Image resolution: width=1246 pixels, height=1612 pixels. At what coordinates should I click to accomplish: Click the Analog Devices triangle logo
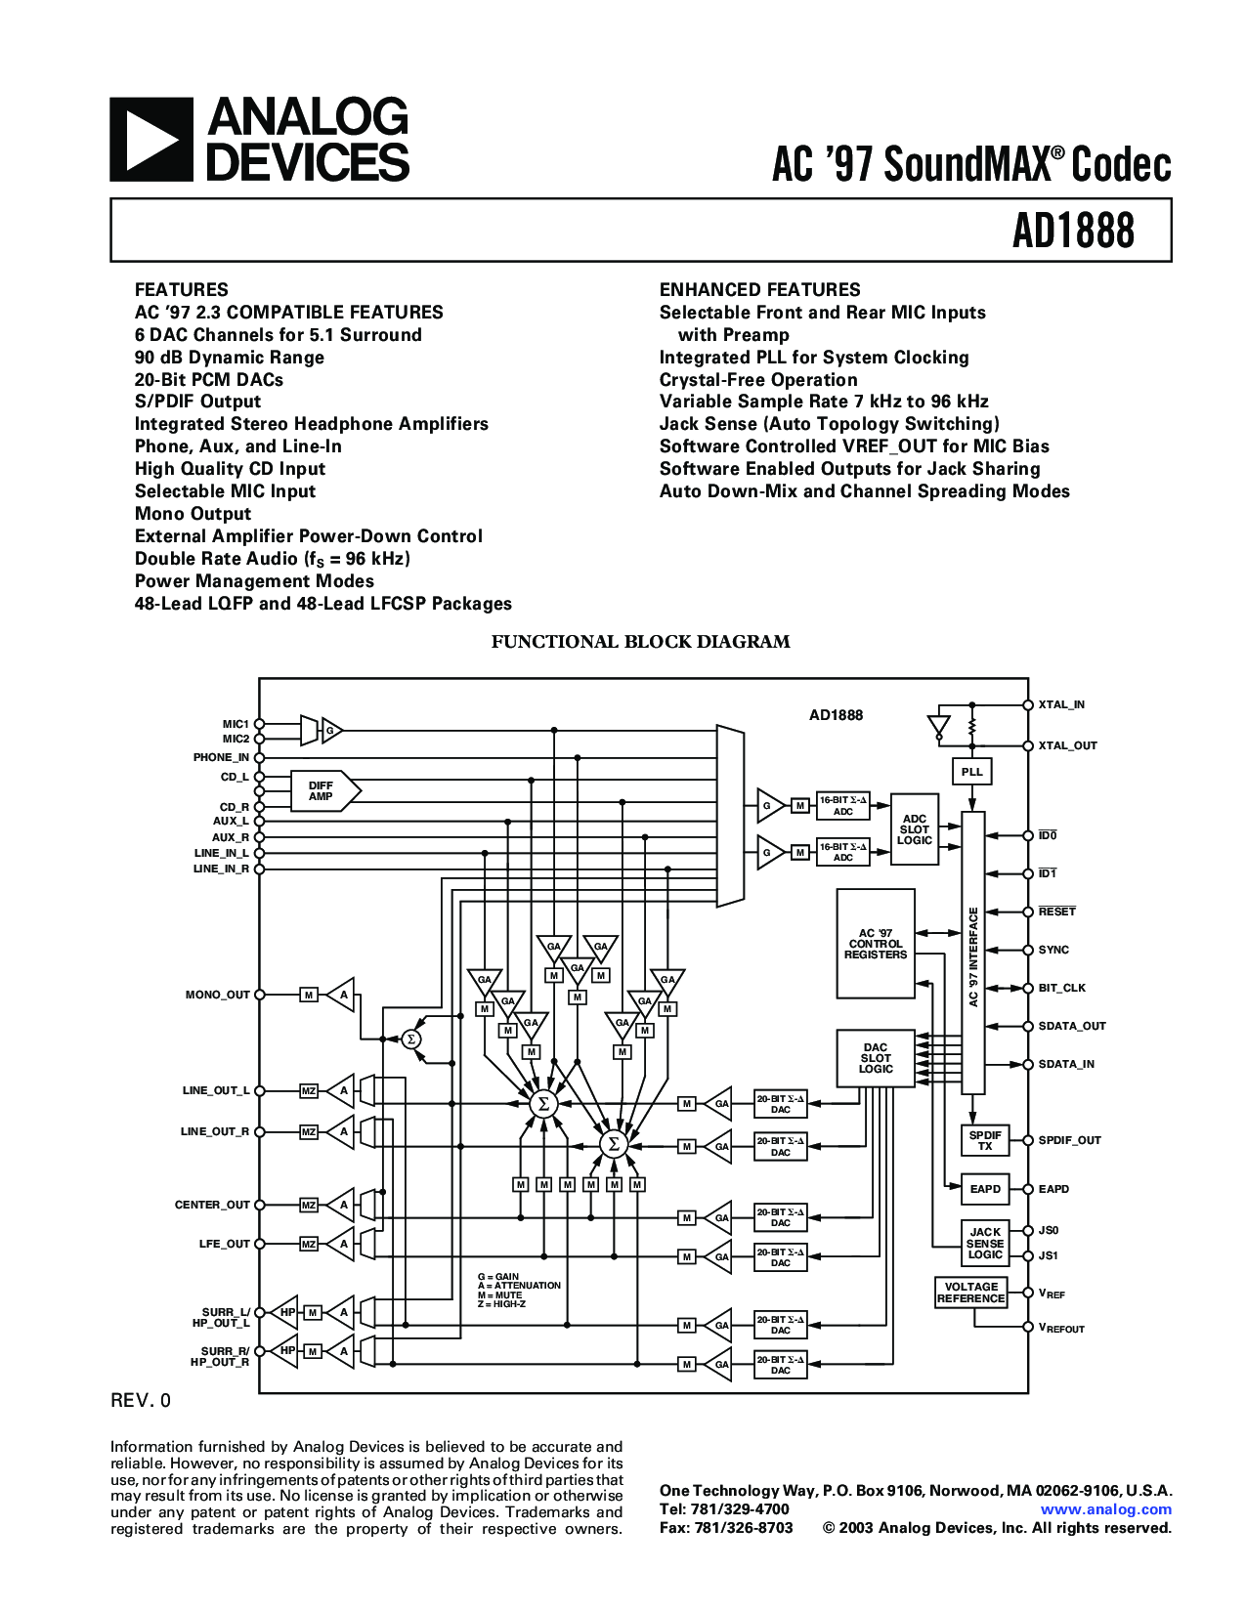(150, 140)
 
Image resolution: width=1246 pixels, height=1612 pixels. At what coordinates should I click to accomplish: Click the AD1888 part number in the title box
(1073, 232)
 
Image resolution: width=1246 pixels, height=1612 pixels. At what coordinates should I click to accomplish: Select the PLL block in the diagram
(971, 772)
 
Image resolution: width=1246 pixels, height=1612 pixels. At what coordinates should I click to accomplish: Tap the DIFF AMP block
(323, 791)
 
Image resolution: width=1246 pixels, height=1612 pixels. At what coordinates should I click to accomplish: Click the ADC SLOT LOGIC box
(914, 829)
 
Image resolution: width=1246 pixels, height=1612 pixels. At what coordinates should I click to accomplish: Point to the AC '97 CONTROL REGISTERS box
(876, 944)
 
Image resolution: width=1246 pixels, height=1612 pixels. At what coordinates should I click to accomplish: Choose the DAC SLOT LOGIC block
(876, 1058)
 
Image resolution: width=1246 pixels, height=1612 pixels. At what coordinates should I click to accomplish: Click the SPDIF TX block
(984, 1140)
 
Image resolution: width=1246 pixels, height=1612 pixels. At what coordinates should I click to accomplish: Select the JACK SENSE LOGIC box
(984, 1243)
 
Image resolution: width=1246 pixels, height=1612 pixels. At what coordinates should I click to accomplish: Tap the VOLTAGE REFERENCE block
(970, 1293)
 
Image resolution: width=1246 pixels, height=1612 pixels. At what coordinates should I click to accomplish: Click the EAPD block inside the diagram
(984, 1189)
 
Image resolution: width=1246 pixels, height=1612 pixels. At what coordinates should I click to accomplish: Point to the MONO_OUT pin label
(218, 995)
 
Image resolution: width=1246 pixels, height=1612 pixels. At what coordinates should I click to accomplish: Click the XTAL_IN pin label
(1061, 704)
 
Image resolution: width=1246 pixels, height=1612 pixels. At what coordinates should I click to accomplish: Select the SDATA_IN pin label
(1066, 1064)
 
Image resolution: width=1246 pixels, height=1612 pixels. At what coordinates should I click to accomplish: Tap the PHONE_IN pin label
(221, 757)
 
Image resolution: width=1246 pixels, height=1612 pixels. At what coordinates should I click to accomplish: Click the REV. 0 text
(141, 1401)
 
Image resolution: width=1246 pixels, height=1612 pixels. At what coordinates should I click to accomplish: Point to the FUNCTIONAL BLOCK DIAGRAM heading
(640, 642)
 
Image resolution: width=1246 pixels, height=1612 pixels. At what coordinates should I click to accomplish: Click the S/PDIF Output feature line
(197, 402)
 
